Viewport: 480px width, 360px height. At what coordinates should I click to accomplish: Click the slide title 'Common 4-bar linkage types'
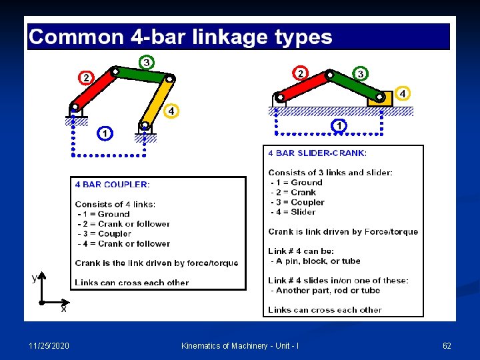click(181, 36)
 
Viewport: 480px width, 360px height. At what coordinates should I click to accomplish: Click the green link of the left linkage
click(142, 74)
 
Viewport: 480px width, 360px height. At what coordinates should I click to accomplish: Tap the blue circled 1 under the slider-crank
click(340, 125)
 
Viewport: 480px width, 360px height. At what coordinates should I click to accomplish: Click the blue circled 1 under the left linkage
click(105, 133)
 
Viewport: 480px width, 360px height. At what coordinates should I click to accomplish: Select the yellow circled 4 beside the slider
click(403, 94)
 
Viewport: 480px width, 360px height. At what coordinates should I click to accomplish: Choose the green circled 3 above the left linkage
click(146, 62)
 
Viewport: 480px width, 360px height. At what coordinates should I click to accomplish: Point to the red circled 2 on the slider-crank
click(301, 72)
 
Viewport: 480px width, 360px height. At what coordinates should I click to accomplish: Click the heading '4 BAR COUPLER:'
click(112, 184)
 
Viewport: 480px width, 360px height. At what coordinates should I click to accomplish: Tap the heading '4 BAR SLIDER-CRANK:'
click(317, 153)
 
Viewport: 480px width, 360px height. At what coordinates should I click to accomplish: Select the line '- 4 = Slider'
click(293, 212)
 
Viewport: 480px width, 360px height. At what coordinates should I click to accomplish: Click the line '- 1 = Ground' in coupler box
click(104, 214)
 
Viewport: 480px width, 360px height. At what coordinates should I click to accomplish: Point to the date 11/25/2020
click(48, 345)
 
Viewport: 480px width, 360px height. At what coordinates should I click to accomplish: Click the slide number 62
click(447, 345)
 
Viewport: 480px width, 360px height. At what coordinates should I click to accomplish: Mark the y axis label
click(34, 277)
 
